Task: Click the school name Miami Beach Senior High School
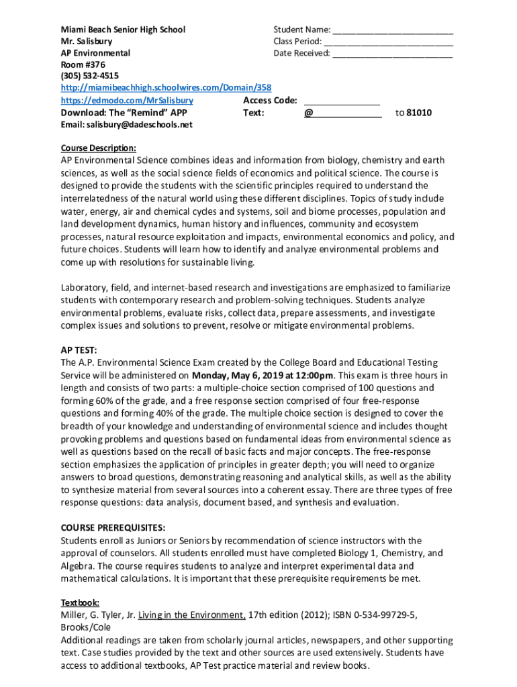(123, 30)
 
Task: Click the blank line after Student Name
(393, 30)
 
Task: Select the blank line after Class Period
(393, 42)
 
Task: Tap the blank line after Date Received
(393, 54)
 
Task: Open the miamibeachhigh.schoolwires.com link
(166, 89)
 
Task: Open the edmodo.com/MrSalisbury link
(127, 100)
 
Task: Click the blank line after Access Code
(342, 101)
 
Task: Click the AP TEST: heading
(79, 350)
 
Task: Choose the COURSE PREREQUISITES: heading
(113, 527)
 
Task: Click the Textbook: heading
(81, 602)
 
